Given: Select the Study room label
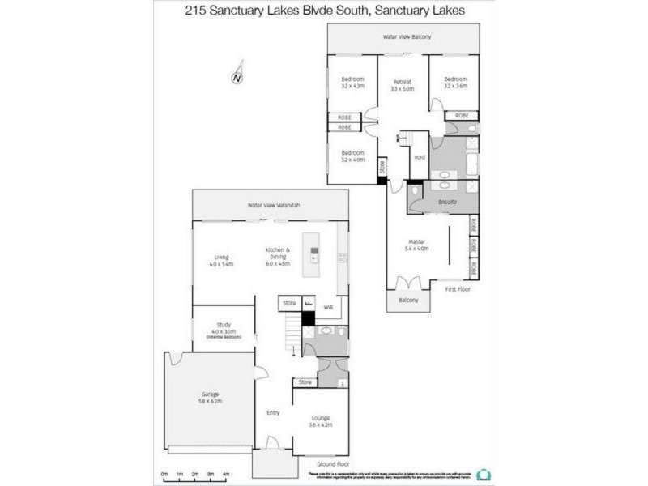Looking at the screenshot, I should pos(224,326).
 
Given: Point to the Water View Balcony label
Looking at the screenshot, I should pos(407,38).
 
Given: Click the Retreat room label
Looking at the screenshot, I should pos(403,84).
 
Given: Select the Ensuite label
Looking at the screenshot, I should pos(448,200).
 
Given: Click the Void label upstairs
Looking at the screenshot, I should pos(420,157).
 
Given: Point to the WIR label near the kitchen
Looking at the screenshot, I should pos(329,308).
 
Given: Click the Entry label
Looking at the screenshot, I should pos(273,413).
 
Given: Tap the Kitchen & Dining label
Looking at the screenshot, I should pos(278,254).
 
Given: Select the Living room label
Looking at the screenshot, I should pos(221,260).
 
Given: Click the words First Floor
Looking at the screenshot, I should pos(457,289).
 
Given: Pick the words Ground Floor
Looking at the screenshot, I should pos(334,464).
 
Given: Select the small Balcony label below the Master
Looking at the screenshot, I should pos(408,301).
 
